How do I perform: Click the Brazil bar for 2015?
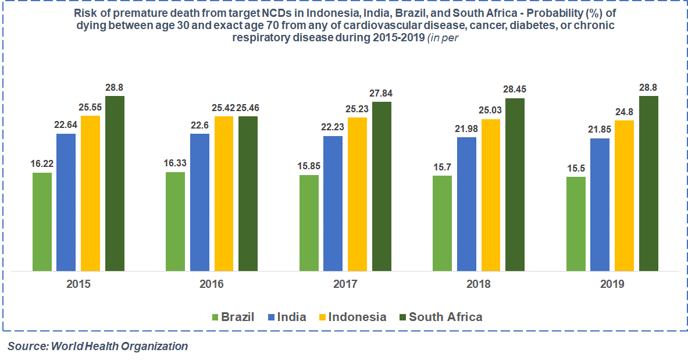pyautogui.click(x=42, y=222)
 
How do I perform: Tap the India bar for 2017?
pyautogui.click(x=333, y=204)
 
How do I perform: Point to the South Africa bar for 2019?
pyautogui.click(x=648, y=183)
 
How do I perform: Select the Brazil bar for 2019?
pyautogui.click(x=576, y=224)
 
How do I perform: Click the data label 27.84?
pyautogui.click(x=382, y=93)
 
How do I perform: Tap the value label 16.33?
pyautogui.click(x=176, y=163)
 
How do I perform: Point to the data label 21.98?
pyautogui.click(x=466, y=129)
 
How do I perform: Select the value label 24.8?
pyautogui.click(x=625, y=112)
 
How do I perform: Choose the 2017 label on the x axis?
pyautogui.click(x=345, y=284)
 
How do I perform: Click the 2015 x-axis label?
pyautogui.click(x=78, y=284)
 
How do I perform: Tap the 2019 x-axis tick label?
pyautogui.click(x=612, y=284)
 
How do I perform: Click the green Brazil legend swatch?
pyautogui.click(x=215, y=318)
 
